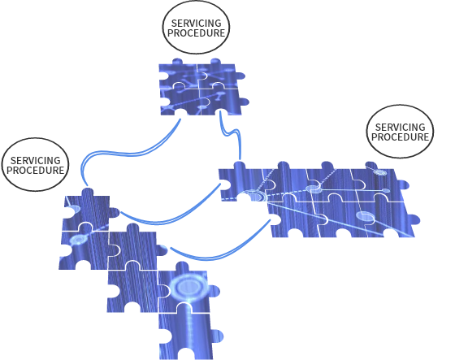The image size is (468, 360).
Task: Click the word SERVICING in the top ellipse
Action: click(196, 23)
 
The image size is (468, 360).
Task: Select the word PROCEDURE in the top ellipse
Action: click(196, 33)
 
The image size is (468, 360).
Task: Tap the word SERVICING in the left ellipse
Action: click(35, 160)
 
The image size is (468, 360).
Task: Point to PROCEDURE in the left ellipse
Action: click(35, 170)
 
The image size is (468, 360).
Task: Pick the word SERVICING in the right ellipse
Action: click(400, 127)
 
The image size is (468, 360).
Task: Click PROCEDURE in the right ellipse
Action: click(400, 137)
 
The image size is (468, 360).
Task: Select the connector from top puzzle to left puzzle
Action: click(125, 154)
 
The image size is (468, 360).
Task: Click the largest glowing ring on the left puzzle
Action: click(188, 287)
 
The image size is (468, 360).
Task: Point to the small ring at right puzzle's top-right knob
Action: click(380, 172)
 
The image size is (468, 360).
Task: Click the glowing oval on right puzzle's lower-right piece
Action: click(366, 216)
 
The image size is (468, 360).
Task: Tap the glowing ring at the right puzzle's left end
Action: click(254, 196)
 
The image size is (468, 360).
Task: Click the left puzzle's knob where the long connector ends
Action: click(88, 192)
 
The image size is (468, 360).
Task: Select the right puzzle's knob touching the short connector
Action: click(239, 165)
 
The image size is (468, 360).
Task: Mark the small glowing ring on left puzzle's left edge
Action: click(74, 209)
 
